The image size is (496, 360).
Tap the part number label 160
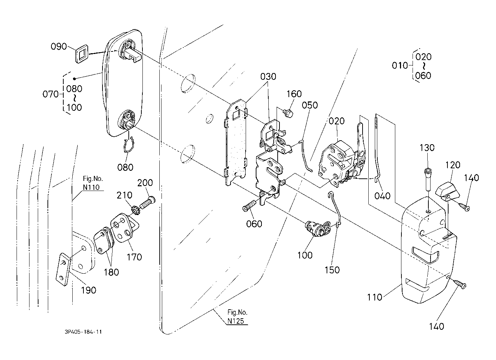pos(294,94)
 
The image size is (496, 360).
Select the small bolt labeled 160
pos(288,114)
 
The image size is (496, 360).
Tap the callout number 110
pos(374,297)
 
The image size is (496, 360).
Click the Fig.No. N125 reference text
pos(238,316)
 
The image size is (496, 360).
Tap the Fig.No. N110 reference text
pos(93,183)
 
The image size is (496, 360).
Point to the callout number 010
pos(400,66)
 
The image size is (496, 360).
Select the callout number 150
pos(332,270)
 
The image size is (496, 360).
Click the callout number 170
pos(135,257)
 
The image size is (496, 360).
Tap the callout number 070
pos(50,95)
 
